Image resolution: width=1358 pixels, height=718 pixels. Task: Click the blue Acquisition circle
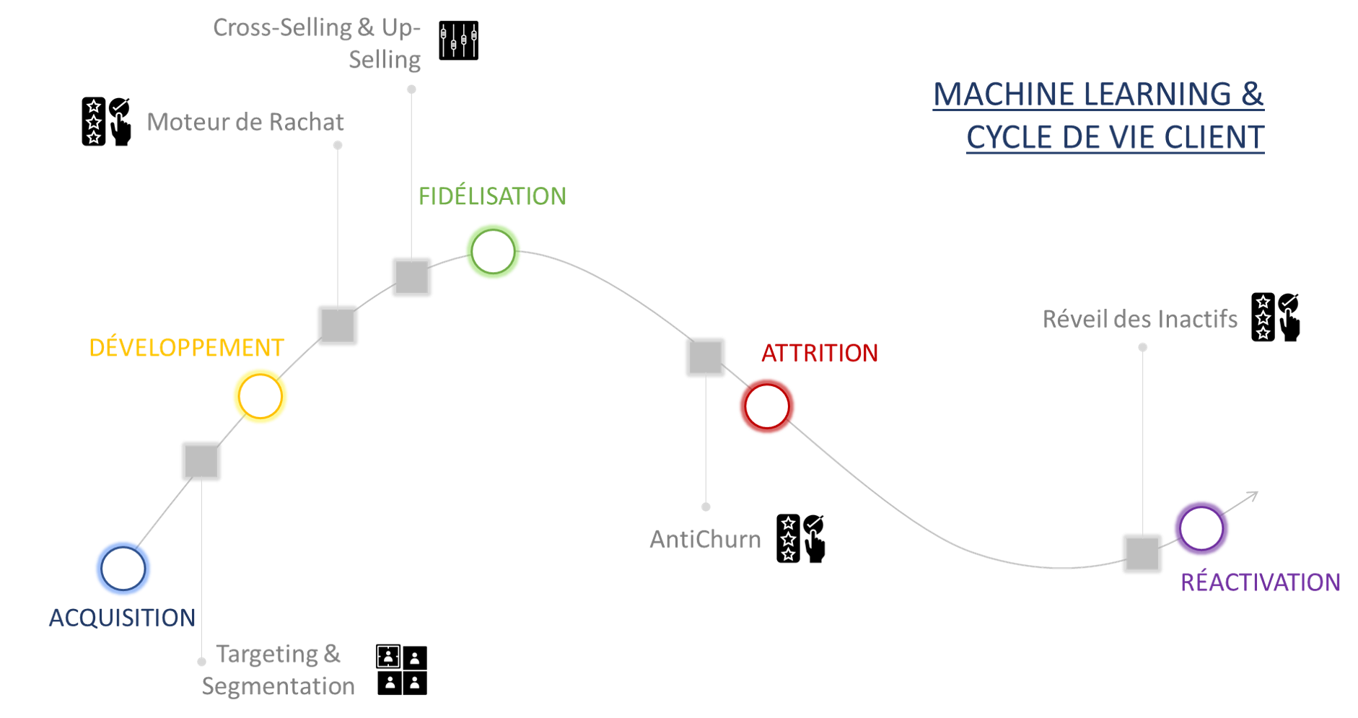[x=123, y=569]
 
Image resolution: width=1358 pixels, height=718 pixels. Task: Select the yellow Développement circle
[x=260, y=396]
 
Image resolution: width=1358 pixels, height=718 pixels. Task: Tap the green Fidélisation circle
[x=493, y=252]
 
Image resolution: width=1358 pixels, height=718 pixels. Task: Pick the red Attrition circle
[x=767, y=406]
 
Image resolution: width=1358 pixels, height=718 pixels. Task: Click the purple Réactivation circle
[x=1201, y=528]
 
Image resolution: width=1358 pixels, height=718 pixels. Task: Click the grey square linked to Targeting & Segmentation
[x=201, y=461]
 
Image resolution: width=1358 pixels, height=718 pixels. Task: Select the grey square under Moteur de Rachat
[x=338, y=325]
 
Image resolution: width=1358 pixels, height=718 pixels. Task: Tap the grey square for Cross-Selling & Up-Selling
[x=412, y=277]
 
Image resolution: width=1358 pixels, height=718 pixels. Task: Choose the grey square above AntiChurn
[x=705, y=357]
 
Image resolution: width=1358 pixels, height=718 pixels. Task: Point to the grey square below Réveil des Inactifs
[x=1142, y=553]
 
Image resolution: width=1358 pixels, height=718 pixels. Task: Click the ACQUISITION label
[x=122, y=618]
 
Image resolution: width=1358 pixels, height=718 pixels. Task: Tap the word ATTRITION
[x=820, y=354]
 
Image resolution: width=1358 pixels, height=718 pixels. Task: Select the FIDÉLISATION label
[x=492, y=196]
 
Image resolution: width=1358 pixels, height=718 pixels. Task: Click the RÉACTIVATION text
[x=1260, y=582]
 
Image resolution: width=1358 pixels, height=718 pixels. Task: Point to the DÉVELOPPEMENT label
[x=187, y=348]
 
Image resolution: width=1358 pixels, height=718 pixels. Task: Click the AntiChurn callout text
[x=706, y=540]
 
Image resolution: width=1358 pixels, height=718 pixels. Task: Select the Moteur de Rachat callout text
[x=245, y=122]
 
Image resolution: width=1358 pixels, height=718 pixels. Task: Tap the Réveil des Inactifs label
[x=1140, y=319]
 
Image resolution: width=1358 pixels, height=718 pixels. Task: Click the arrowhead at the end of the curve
[x=1254, y=495]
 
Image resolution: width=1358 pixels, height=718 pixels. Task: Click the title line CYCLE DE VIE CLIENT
[x=1115, y=137]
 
